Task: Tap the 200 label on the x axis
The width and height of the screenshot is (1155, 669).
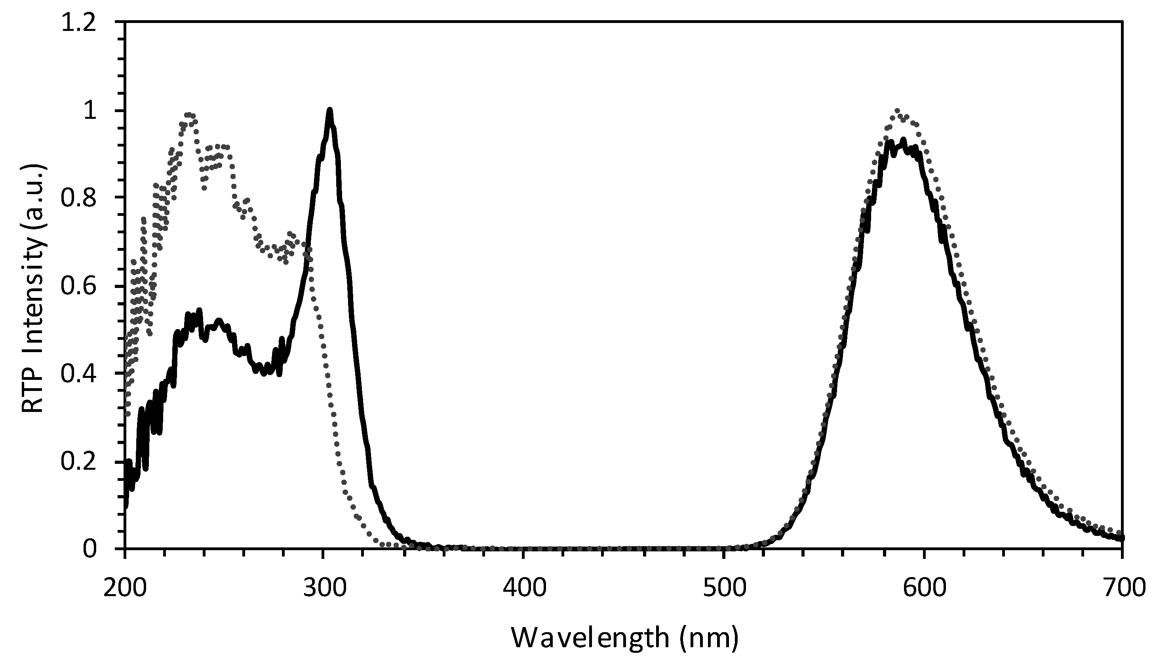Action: coord(125,588)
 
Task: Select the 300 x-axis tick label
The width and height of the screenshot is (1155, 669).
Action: coord(324,588)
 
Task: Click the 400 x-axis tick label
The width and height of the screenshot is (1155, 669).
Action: coord(523,588)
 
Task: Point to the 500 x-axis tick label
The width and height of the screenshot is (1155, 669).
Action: coord(723,588)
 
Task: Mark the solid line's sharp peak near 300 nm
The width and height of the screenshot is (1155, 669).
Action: coord(329,110)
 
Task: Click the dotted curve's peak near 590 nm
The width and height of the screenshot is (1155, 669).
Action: coord(897,111)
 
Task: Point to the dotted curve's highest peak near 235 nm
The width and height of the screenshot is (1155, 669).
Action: coord(188,114)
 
